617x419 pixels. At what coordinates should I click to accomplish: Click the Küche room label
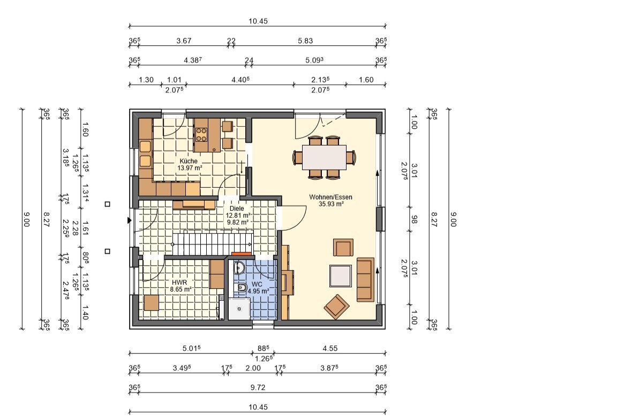(x=189, y=161)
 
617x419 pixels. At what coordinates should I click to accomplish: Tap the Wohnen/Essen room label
(x=330, y=197)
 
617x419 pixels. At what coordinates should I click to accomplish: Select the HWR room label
(x=179, y=283)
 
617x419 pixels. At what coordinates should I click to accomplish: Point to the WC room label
(x=257, y=284)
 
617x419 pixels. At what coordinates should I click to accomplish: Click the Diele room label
(x=237, y=208)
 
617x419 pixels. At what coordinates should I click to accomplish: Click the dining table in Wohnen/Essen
(x=324, y=157)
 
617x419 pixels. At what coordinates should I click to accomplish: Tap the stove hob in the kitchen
(x=201, y=134)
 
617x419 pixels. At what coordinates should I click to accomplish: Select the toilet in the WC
(x=240, y=288)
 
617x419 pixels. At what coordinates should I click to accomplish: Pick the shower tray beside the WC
(x=239, y=309)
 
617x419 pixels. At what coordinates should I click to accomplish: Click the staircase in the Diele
(x=213, y=243)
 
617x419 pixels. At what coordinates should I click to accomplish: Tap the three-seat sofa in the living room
(x=366, y=279)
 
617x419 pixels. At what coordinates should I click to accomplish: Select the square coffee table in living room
(x=341, y=276)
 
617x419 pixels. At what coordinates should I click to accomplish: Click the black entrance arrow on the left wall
(x=129, y=220)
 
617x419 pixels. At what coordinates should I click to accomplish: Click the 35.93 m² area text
(x=332, y=204)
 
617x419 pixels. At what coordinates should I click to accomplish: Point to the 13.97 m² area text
(x=190, y=168)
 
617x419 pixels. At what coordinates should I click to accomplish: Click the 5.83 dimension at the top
(x=305, y=41)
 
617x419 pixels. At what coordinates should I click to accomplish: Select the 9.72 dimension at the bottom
(x=258, y=387)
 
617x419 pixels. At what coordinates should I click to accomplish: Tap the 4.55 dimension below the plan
(x=330, y=348)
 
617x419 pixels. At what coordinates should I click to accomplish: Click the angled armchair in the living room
(x=336, y=306)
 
